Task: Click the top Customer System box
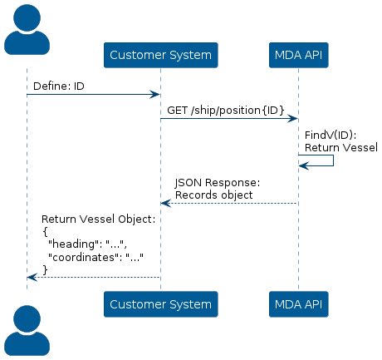tap(161, 55)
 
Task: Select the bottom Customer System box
tap(161, 304)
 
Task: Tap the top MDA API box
tap(299, 55)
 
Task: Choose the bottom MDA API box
tap(299, 304)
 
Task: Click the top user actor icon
tap(27, 30)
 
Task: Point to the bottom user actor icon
tap(27, 330)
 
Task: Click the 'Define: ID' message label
tap(59, 86)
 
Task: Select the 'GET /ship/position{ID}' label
tap(226, 111)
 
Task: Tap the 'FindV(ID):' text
tap(331, 135)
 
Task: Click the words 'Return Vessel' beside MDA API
tap(341, 147)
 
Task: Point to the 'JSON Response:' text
tap(218, 183)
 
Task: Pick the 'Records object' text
tap(214, 195)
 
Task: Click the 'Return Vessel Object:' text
tap(98, 219)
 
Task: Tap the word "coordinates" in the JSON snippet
tap(83, 257)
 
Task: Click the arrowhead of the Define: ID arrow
tap(154, 95)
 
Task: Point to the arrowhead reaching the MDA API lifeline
tap(292, 119)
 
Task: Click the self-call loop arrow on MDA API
tap(333, 160)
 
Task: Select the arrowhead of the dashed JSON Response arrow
tap(166, 204)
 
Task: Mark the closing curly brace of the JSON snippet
tap(45, 270)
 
